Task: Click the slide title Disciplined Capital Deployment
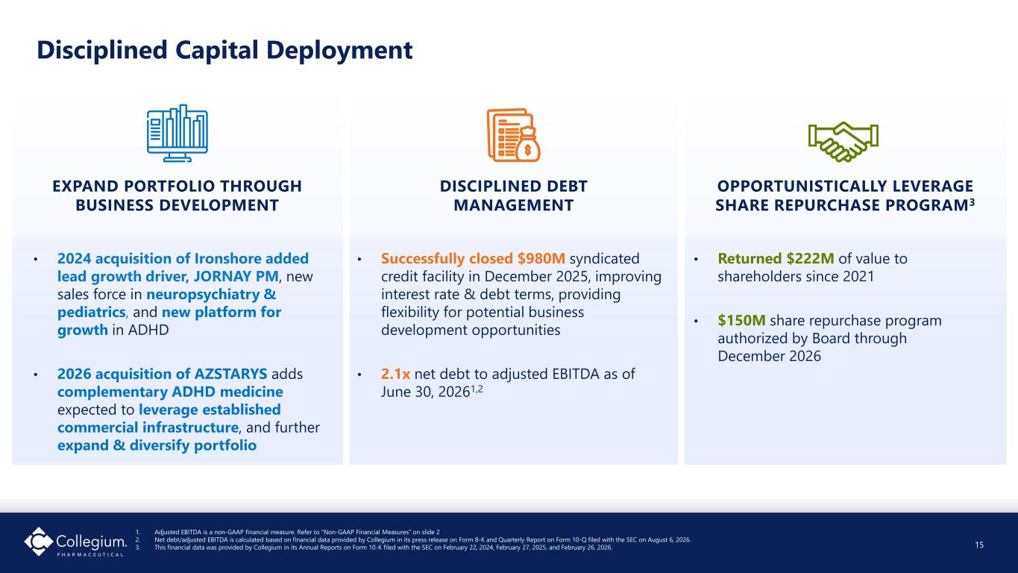[x=224, y=50]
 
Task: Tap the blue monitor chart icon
[x=177, y=134]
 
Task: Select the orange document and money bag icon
[x=513, y=135]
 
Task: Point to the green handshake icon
[x=843, y=142]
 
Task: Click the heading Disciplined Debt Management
[x=514, y=195]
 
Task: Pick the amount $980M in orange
[x=541, y=258]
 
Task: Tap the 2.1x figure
[x=395, y=374]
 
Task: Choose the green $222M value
[x=811, y=258]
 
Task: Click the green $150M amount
[x=741, y=320]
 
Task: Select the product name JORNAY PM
[x=236, y=276]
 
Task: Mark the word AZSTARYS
[x=230, y=374]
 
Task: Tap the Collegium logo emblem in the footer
[x=39, y=541]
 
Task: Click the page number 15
[x=979, y=545]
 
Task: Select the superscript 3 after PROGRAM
[x=972, y=201]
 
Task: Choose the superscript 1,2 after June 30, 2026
[x=477, y=389]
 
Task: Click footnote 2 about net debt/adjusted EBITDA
[x=422, y=540]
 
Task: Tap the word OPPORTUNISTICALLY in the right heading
[x=801, y=186]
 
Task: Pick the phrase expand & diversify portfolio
[x=157, y=445]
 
